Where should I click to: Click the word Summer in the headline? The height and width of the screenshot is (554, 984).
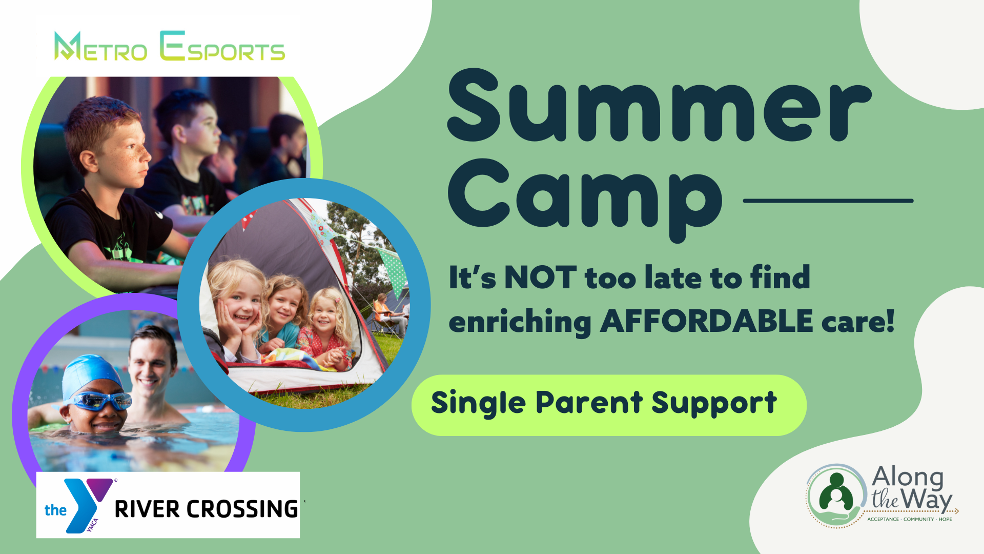click(659, 105)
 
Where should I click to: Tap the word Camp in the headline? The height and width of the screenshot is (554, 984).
click(585, 200)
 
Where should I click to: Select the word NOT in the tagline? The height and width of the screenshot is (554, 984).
click(541, 278)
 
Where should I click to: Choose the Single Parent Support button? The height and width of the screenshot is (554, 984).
click(609, 405)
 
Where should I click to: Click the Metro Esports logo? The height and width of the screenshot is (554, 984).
click(169, 46)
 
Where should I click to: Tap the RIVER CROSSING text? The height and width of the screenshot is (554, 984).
click(206, 509)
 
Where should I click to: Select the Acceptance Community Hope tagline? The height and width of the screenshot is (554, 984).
click(909, 519)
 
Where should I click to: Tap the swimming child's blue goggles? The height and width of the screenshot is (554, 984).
click(100, 401)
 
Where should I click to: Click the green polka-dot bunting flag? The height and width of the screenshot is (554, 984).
click(392, 270)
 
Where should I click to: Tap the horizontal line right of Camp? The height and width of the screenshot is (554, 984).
click(828, 201)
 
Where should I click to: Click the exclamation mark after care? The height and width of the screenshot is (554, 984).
click(890, 321)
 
